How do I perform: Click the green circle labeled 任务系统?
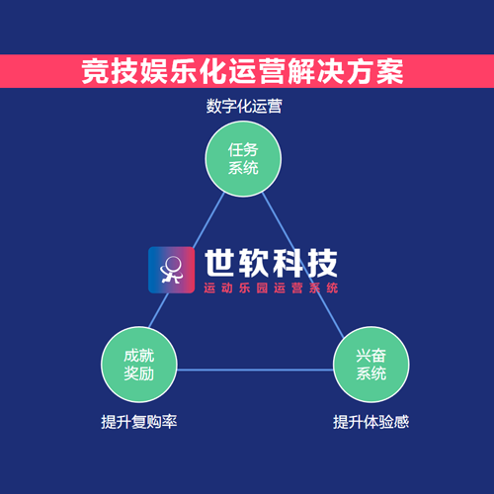click(x=243, y=159)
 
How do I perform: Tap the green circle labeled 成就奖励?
click(x=139, y=365)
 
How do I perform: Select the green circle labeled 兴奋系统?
click(x=371, y=365)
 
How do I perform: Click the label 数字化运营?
click(x=244, y=106)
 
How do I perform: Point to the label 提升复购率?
click(x=139, y=422)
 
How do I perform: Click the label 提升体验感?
click(x=370, y=422)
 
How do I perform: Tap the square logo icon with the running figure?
click(x=171, y=270)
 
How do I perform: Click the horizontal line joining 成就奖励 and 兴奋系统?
click(x=255, y=370)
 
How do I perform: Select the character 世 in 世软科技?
click(x=219, y=263)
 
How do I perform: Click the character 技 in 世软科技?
click(x=322, y=263)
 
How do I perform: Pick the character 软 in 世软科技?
click(x=253, y=263)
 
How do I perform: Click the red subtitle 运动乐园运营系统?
click(x=271, y=288)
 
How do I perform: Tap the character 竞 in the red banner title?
click(x=95, y=71)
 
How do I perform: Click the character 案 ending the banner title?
click(x=390, y=71)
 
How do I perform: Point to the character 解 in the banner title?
click(x=301, y=71)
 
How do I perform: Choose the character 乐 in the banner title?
click(x=184, y=71)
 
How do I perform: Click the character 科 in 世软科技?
click(x=288, y=263)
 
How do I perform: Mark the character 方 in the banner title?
click(x=361, y=71)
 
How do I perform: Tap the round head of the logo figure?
click(x=173, y=264)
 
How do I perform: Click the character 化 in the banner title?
click(x=213, y=71)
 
